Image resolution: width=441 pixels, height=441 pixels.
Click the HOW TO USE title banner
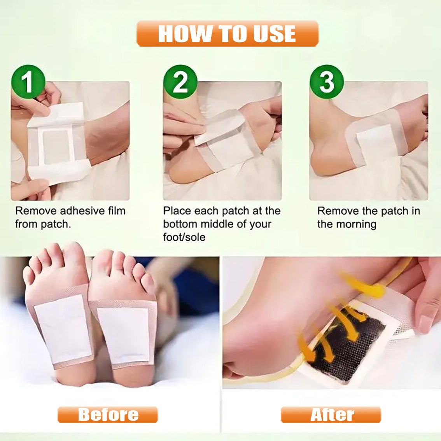click(227, 33)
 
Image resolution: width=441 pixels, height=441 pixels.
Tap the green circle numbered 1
click(28, 82)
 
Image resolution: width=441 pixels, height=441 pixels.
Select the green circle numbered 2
click(180, 82)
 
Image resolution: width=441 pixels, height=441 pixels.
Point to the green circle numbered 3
click(327, 82)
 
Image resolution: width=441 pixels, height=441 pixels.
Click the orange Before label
click(108, 415)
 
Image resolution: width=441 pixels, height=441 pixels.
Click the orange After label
click(331, 415)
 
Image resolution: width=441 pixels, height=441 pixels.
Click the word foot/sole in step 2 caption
click(184, 237)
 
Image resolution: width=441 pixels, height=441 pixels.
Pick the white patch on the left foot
click(64, 329)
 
